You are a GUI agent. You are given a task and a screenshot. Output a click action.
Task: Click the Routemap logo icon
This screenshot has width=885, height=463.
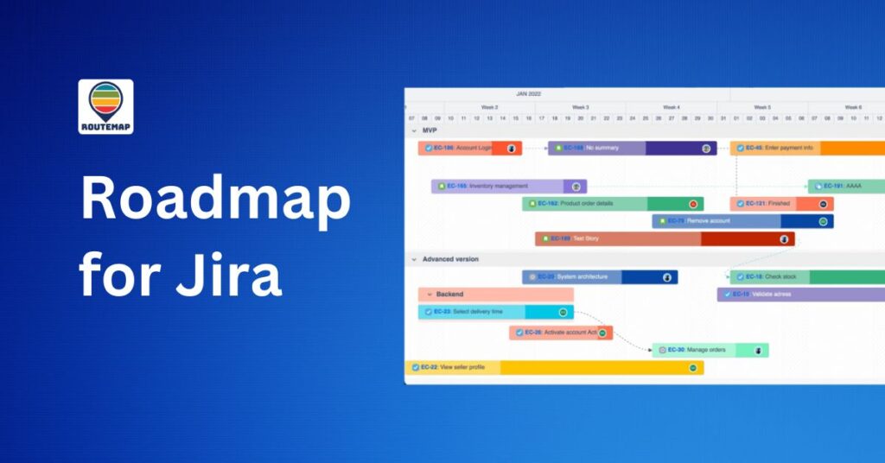pyautogui.click(x=105, y=106)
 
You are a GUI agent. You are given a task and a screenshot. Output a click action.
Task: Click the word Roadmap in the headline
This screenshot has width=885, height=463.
pyautogui.click(x=215, y=201)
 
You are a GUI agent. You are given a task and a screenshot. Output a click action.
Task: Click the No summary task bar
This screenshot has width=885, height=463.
pyautogui.click(x=632, y=148)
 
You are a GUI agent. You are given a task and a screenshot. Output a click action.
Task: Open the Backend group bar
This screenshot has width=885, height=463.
pyautogui.click(x=483, y=295)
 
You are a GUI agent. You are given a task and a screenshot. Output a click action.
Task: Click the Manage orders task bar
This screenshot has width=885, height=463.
pyautogui.click(x=710, y=350)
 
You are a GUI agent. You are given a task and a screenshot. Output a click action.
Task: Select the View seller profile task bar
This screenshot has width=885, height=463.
pyautogui.click(x=553, y=367)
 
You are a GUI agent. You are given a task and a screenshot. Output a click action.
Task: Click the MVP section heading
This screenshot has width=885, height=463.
pyautogui.click(x=430, y=130)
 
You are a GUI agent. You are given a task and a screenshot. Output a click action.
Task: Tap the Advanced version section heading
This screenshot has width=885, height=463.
pyautogui.click(x=450, y=259)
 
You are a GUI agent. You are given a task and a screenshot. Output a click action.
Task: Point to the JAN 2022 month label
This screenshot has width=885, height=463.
pyautogui.click(x=528, y=93)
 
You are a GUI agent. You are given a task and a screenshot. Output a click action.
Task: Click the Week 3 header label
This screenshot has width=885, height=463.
pyautogui.click(x=580, y=107)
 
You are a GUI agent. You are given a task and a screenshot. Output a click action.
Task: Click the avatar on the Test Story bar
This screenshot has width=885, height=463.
pyautogui.click(x=784, y=239)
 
